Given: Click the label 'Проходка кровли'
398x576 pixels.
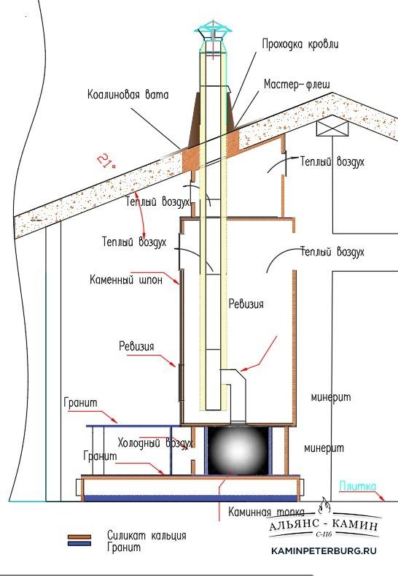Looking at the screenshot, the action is [300, 44].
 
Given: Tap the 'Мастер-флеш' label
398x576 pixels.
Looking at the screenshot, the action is [297, 85].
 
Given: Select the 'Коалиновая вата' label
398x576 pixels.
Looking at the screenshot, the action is [128, 94].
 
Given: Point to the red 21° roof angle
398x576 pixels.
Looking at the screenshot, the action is [106, 161].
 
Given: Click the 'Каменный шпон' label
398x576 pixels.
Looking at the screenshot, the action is [126, 280].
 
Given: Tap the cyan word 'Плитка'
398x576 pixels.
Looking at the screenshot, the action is [358, 486].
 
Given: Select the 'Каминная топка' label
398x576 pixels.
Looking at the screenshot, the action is [266, 512].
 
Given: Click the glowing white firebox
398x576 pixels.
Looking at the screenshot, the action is [238, 450].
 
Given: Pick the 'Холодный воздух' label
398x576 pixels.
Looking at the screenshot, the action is [155, 442].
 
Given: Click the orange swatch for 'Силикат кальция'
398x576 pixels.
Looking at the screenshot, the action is [79, 537].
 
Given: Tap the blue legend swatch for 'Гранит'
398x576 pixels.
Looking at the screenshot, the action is [79, 543].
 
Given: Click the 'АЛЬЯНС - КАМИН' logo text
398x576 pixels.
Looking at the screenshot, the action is [323, 526].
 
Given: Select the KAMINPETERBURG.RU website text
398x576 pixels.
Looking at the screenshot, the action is [324, 550].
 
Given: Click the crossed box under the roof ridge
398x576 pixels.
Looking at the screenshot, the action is [332, 128].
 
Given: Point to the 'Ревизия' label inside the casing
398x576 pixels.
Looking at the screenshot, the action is [246, 304].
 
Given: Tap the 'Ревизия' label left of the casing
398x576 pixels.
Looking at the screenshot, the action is [136, 346].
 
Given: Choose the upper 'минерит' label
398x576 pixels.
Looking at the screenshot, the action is [331, 397].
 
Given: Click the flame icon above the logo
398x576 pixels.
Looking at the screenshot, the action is [324, 506].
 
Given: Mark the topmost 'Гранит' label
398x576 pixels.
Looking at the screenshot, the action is [81, 402].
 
